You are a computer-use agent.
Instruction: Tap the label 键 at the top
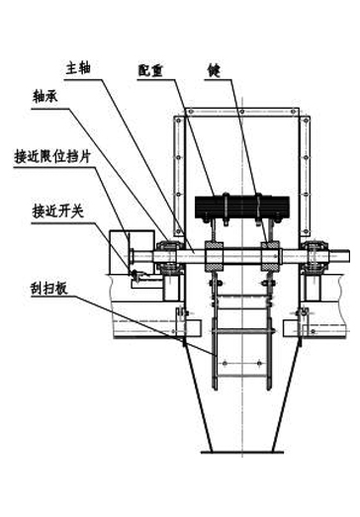tap(214, 70)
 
